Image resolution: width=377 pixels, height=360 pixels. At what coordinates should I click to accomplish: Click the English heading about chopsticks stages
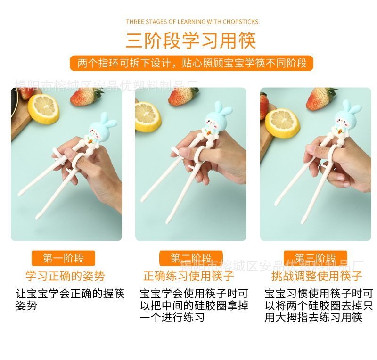click(x=192, y=22)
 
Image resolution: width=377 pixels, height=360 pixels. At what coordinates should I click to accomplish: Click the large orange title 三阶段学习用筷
click(x=191, y=41)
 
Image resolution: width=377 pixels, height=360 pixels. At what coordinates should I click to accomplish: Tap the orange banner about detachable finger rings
click(x=191, y=63)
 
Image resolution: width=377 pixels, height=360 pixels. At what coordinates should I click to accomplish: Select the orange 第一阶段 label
click(x=63, y=258)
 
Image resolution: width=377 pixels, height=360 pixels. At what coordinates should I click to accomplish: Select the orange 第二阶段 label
click(x=191, y=258)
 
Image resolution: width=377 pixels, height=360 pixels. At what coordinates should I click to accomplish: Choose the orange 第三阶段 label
click(x=315, y=258)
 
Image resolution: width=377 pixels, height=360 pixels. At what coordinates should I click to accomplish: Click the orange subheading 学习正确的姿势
click(x=65, y=276)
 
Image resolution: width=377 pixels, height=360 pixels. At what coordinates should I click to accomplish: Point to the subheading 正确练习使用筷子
click(x=188, y=276)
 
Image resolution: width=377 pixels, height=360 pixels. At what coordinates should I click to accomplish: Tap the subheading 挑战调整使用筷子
click(x=317, y=276)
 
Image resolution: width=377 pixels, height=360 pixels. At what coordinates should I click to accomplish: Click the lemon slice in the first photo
click(x=43, y=109)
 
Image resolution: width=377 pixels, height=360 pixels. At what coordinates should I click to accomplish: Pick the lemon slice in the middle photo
click(x=148, y=117)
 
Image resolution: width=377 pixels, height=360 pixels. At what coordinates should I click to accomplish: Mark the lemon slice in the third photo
click(x=282, y=123)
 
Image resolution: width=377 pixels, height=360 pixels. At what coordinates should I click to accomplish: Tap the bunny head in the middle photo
click(x=217, y=118)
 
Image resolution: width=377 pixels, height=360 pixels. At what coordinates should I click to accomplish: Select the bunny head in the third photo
click(x=347, y=117)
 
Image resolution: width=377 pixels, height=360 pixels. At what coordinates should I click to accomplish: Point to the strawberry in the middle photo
click(x=183, y=96)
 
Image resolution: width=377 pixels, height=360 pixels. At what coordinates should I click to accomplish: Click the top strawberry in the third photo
click(x=321, y=98)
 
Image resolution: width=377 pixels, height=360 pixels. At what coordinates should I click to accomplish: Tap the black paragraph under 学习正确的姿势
click(x=70, y=299)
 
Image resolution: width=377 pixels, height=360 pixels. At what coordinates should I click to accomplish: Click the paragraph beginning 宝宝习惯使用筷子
click(x=319, y=305)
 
